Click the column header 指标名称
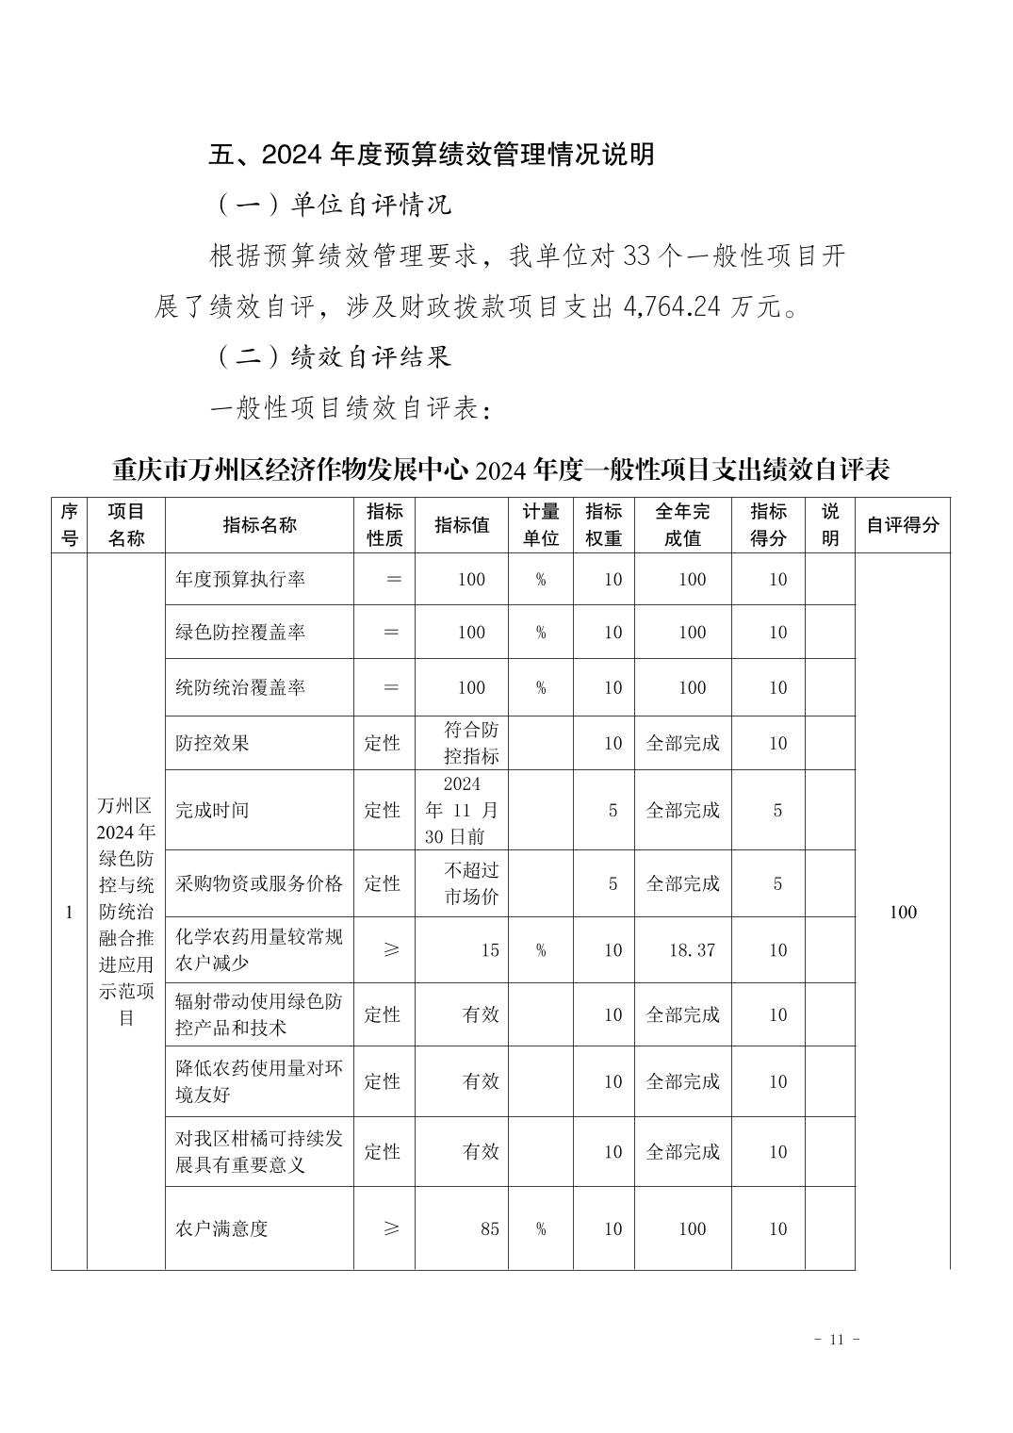click(x=259, y=525)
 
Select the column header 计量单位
click(x=541, y=525)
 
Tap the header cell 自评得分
click(x=903, y=525)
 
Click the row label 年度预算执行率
click(x=240, y=579)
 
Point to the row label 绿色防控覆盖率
click(x=240, y=633)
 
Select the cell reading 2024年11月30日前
click(x=462, y=810)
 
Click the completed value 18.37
click(x=692, y=950)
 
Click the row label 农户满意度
click(x=221, y=1228)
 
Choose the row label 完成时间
click(x=212, y=810)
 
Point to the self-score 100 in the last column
click(x=903, y=912)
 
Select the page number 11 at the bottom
click(x=836, y=1340)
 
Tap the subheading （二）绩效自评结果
click(x=335, y=356)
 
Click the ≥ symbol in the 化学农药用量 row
click(x=392, y=950)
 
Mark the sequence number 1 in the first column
click(x=69, y=912)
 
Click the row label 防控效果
click(x=212, y=743)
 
